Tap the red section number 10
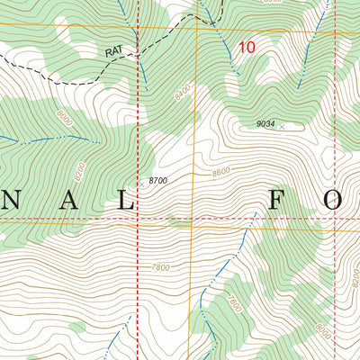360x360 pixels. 246,46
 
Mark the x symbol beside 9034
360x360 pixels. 282,127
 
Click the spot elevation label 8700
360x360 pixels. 157,181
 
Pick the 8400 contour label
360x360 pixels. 183,91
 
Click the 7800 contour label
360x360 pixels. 162,267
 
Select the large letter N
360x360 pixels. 18,202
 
